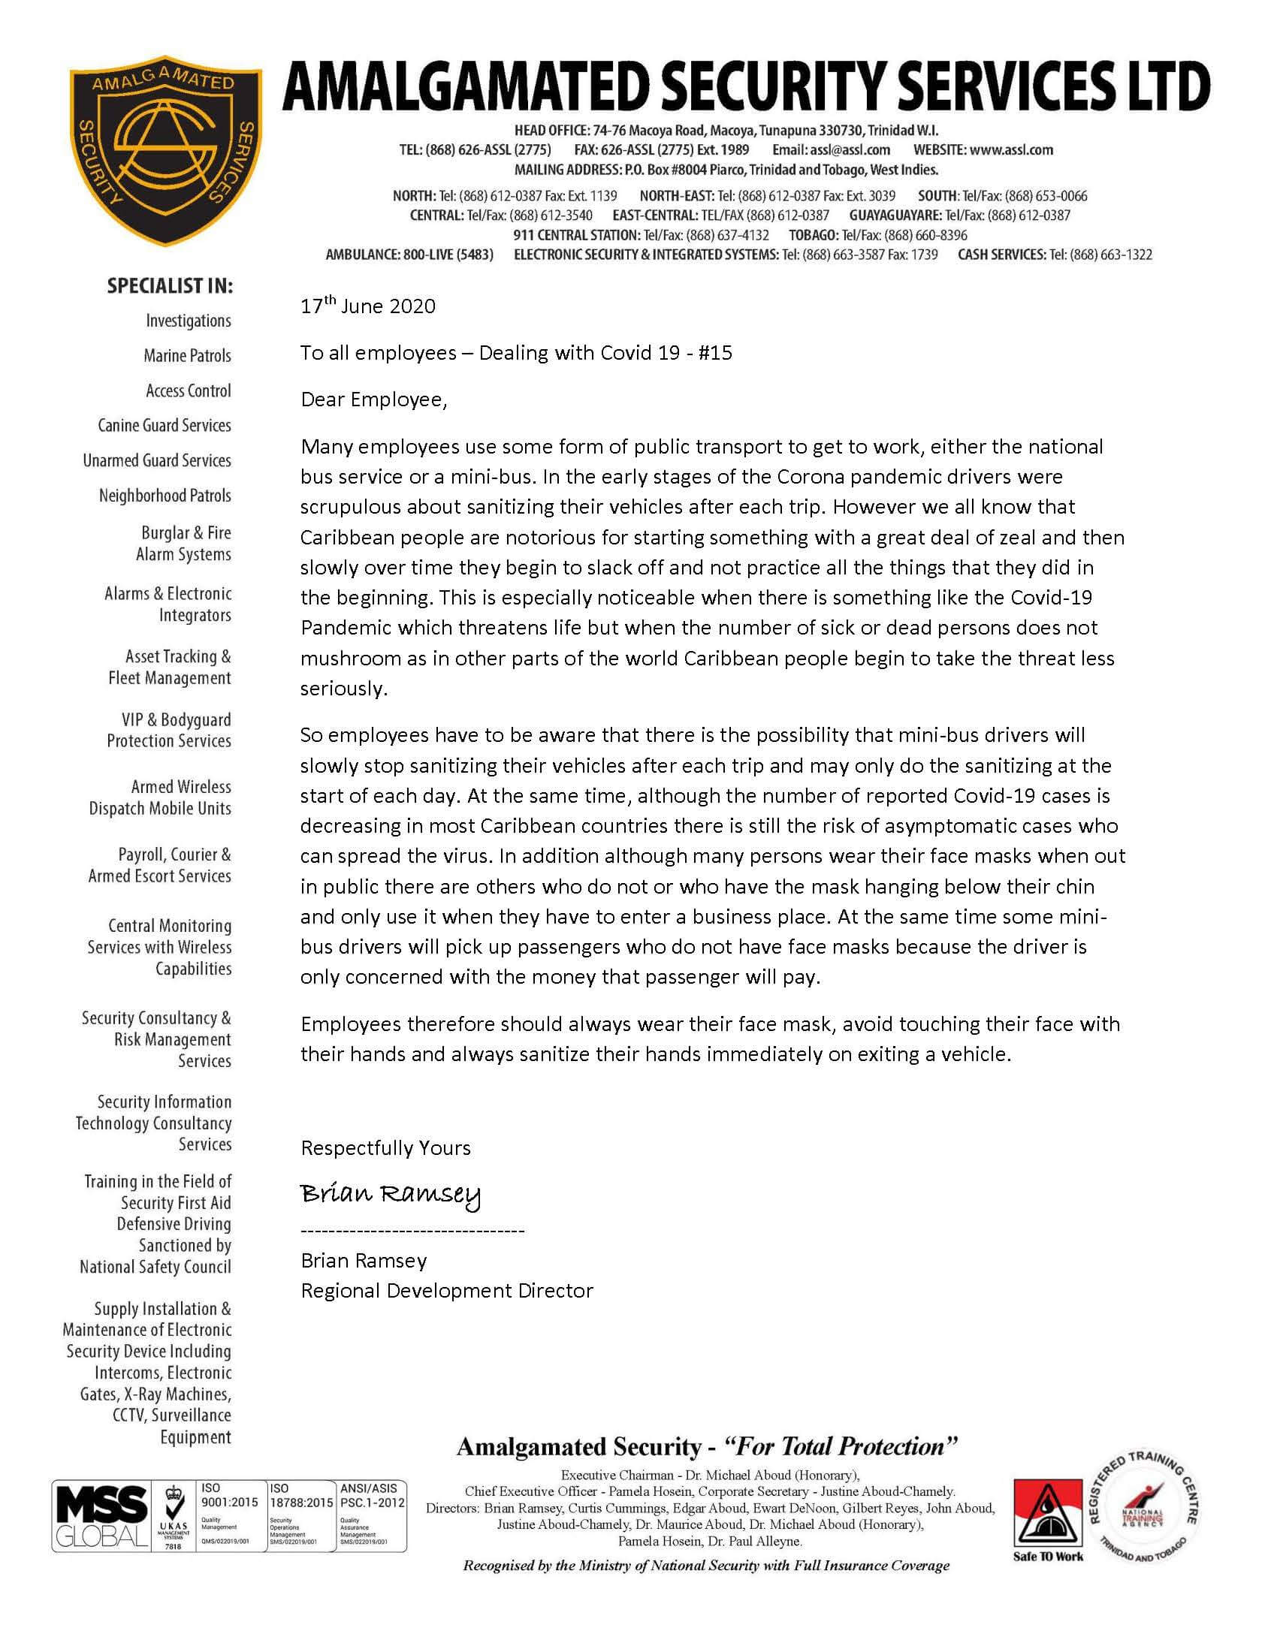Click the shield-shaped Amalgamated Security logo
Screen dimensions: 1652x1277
[166, 149]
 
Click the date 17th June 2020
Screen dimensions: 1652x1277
[367, 306]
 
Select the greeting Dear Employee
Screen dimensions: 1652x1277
[374, 399]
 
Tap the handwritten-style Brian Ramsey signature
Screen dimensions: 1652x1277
[391, 1195]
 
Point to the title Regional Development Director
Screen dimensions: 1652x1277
[446, 1290]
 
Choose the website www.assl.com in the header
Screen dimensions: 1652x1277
[1012, 149]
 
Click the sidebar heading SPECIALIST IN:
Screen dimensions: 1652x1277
[170, 287]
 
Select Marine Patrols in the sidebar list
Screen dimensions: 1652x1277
[187, 355]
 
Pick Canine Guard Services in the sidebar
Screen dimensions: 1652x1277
[165, 425]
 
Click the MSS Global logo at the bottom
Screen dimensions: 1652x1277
[98, 1516]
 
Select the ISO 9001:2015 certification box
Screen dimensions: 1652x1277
[229, 1515]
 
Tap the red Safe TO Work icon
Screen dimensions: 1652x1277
[1048, 1515]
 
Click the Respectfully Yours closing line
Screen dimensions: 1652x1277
[385, 1148]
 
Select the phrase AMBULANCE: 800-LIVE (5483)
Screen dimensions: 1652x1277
[409, 255]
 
